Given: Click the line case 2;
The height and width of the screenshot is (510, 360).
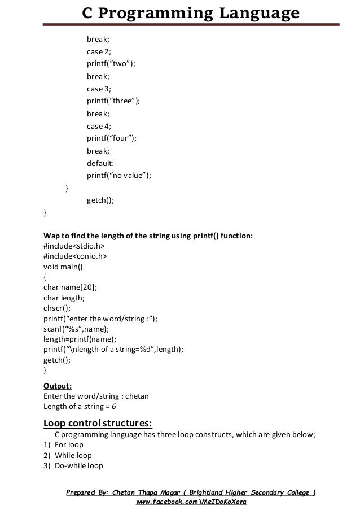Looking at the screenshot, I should [99, 51].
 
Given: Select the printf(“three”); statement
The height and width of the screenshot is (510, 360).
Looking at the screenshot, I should [113, 101].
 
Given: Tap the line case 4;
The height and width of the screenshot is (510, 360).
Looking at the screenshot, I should [99, 126].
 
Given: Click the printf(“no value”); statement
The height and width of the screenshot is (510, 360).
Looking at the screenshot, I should [119, 176].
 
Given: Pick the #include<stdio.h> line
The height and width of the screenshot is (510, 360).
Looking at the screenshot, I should [74, 246].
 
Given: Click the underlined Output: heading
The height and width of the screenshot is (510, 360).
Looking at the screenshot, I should [58, 386].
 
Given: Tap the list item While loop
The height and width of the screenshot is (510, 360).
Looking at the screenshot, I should [73, 455].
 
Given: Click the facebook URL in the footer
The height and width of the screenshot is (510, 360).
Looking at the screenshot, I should [191, 502].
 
